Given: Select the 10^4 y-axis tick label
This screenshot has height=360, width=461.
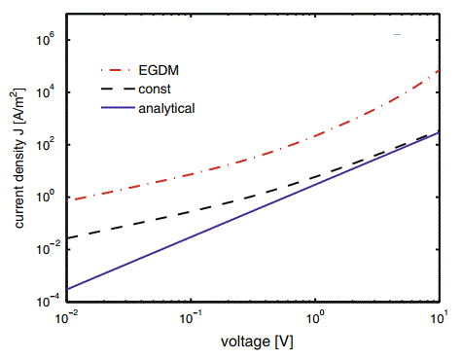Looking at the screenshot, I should (x=49, y=92).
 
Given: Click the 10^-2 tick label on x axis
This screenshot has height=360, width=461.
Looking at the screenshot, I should (x=65, y=318).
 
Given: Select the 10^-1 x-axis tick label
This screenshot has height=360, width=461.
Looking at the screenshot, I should (x=191, y=318).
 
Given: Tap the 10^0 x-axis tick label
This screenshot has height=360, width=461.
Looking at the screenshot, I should (x=316, y=318).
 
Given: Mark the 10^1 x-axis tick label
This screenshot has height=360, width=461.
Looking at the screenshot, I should (x=440, y=318).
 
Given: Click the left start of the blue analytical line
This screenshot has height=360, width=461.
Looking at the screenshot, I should (x=67, y=289).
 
